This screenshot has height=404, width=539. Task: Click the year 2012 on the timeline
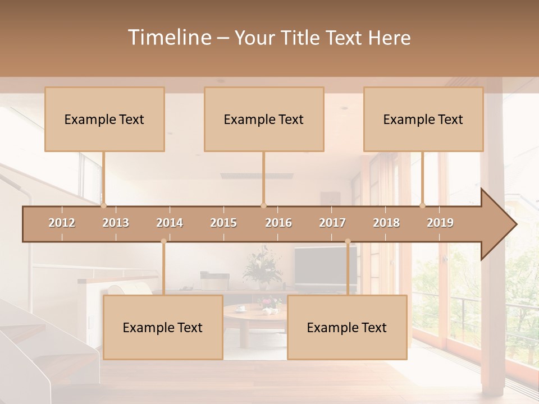pos(62,223)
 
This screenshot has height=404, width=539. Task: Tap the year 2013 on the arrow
pos(116,223)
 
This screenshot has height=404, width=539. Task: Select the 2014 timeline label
pos(170,223)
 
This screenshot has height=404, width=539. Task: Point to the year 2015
pos(223,223)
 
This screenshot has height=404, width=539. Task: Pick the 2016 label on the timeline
pos(278,223)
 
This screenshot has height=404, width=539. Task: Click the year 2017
pos(332,223)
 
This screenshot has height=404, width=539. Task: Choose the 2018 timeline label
pos(386,223)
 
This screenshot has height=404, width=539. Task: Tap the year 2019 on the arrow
pos(440,223)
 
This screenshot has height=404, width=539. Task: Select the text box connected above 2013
pos(104,119)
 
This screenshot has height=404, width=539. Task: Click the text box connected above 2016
pos(264,119)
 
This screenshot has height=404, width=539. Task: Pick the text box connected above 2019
pos(423,119)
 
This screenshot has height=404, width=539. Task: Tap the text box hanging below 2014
pos(163,327)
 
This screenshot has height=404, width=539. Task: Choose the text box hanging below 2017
pos(347,327)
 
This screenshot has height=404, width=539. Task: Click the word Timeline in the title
pos(168,38)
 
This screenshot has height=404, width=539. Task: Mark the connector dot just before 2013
pos(103,205)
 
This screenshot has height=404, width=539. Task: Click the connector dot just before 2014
pos(163,241)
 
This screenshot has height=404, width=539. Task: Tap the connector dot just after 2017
pos(348,241)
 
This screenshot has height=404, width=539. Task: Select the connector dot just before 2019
pos(423,205)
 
